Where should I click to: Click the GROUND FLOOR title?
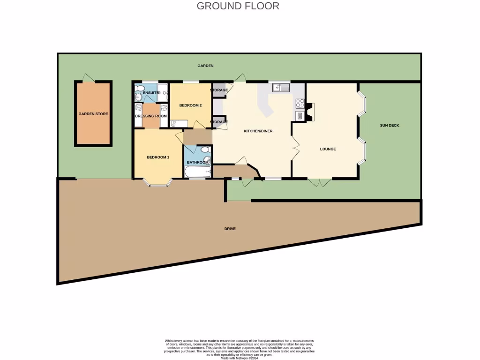[x=238, y=6]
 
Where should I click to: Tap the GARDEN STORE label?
[x=93, y=114]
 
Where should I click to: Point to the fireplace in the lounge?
[x=311, y=112]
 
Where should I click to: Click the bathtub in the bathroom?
[x=197, y=172]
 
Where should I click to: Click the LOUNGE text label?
[x=328, y=149]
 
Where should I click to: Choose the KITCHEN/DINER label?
[x=258, y=131]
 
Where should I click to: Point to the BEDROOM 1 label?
[x=158, y=157]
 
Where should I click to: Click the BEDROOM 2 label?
[x=190, y=105]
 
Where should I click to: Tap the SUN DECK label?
[x=390, y=125]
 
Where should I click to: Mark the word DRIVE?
[x=230, y=229]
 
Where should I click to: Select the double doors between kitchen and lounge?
[x=295, y=149]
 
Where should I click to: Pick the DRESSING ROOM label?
[x=151, y=116]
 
